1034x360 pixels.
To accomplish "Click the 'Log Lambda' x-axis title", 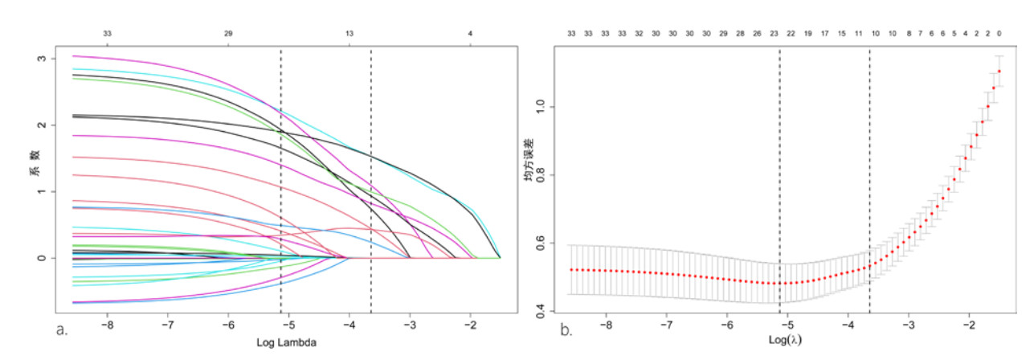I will coord(286,342).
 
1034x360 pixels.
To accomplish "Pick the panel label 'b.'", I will coord(565,328).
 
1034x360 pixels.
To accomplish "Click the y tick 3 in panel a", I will coord(53,59).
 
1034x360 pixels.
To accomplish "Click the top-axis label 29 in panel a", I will coord(229,34).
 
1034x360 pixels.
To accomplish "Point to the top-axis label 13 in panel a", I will coord(349,34).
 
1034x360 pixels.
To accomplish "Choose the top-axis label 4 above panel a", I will coord(470,34).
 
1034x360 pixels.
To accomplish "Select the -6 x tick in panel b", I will coord(726,326).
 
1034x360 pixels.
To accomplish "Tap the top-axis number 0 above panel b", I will coord(999,34).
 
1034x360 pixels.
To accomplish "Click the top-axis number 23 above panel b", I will coord(774,34).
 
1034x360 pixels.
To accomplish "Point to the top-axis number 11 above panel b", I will coord(858,34).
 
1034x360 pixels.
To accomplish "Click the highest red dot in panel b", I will coord(999,72).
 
